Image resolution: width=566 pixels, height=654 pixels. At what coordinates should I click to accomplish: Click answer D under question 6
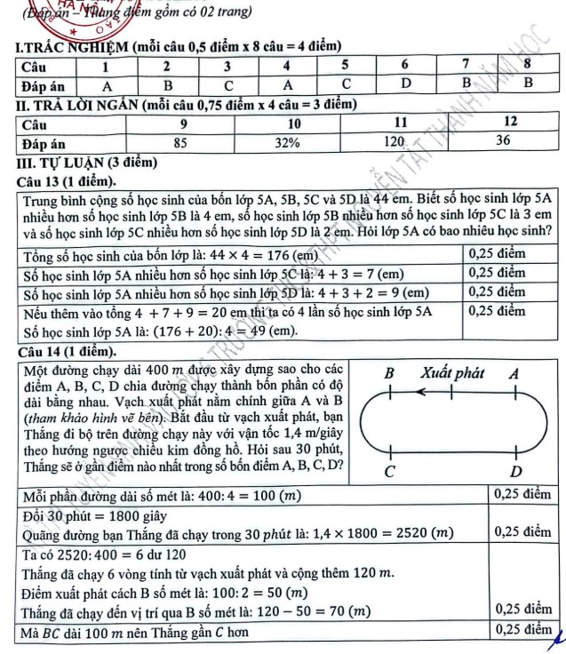[x=404, y=84]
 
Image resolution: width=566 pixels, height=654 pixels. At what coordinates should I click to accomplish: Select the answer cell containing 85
[x=180, y=141]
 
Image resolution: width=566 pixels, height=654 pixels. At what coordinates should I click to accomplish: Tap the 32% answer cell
[x=287, y=141]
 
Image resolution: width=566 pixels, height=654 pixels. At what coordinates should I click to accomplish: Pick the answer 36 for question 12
[x=503, y=140]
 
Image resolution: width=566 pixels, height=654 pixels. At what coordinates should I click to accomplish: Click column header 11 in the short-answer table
[x=400, y=121]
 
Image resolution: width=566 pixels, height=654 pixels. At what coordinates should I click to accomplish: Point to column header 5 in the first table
[x=345, y=66]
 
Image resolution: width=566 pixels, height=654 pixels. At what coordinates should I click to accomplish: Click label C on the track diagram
[x=387, y=469]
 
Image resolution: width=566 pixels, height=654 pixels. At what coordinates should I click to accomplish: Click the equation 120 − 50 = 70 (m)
[x=309, y=612]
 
